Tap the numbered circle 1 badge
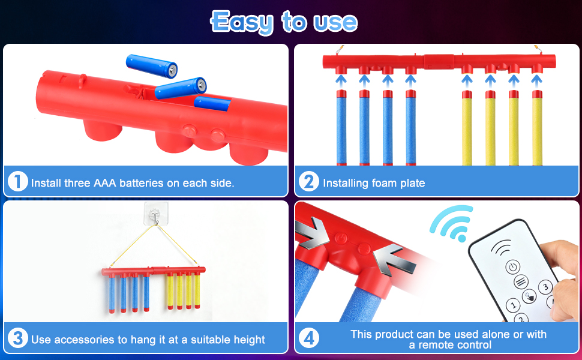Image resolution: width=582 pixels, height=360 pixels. pos(18,181)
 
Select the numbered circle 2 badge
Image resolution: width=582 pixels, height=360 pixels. pos(308,181)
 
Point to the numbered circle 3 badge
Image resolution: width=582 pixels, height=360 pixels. pos(18,338)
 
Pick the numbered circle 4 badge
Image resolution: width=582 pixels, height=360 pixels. pos(308,338)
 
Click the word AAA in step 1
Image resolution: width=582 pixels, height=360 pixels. pos(106,182)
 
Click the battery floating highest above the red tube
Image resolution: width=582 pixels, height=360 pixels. pos(152,65)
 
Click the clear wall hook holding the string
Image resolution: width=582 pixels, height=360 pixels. pos(155,212)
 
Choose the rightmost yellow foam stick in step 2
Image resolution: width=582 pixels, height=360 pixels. pos(537,127)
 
